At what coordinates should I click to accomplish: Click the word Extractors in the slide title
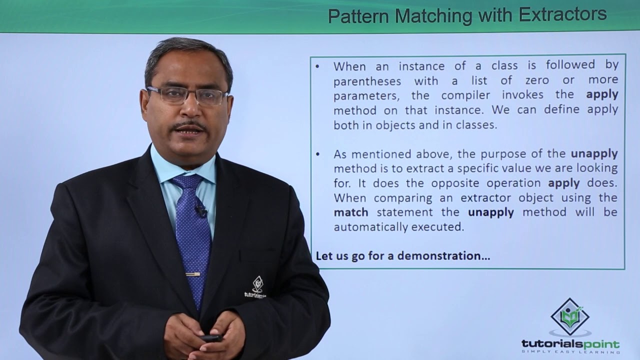coord(562,15)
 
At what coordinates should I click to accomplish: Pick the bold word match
coord(351,212)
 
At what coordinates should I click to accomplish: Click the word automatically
coord(370,227)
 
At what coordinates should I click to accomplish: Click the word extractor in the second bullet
coord(483,197)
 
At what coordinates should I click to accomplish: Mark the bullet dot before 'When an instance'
coord(317,66)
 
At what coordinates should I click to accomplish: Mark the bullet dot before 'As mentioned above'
coord(317,153)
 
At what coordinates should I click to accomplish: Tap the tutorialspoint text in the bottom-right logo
coord(570,344)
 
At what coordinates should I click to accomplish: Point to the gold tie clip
coord(192,274)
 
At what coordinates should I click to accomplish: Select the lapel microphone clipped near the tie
coord(201,211)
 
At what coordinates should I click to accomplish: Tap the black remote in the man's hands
coord(211,338)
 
